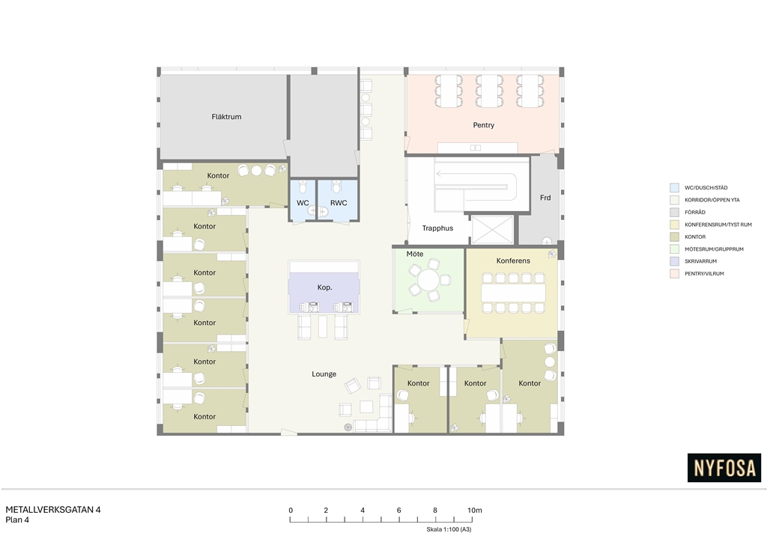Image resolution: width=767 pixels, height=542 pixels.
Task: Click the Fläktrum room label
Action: point(226,117)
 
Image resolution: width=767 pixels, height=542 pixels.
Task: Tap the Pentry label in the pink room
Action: point(483,125)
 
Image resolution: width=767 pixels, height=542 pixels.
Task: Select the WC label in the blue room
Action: point(303,203)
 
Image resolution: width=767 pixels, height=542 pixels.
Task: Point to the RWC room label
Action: point(339,203)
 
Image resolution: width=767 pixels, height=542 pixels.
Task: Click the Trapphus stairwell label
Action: point(437,228)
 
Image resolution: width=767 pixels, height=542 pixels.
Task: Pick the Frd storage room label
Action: point(545,198)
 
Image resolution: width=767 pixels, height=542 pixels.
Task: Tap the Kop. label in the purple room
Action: point(324,287)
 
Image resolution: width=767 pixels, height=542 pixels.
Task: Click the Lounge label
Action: point(324,374)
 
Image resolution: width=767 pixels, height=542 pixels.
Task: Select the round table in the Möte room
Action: point(429,281)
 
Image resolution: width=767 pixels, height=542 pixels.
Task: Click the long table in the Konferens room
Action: point(513,293)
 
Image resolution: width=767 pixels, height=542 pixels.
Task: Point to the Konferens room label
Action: point(513,261)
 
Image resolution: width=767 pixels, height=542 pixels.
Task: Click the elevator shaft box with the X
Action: point(493,229)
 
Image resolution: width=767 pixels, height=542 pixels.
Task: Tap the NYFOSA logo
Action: point(724,468)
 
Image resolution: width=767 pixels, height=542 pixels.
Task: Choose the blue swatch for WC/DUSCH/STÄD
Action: point(675,188)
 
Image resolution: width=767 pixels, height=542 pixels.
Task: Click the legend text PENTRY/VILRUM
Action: point(704,274)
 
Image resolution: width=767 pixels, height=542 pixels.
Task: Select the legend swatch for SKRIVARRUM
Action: point(675,261)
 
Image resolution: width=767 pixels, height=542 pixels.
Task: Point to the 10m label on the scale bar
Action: point(474,511)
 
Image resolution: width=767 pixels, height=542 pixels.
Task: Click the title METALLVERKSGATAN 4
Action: point(53,510)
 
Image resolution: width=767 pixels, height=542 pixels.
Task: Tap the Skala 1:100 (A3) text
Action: point(449,529)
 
